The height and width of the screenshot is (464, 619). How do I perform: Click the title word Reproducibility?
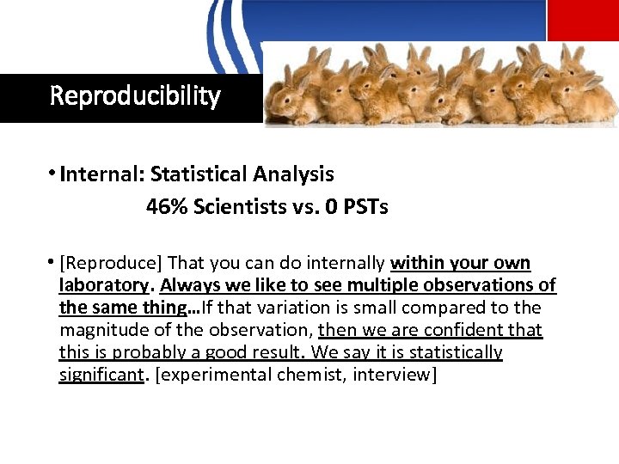point(135,95)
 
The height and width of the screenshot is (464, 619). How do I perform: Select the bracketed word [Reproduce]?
point(111,263)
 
